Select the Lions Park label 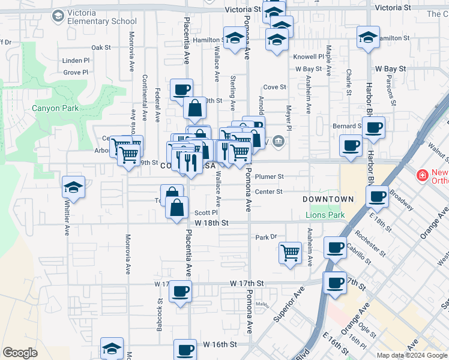click(325, 215)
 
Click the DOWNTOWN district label click(328, 199)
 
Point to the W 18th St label click(208, 223)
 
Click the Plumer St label click(269, 177)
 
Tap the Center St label click(268, 192)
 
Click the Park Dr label click(265, 237)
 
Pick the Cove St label click(274, 87)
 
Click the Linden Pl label click(76, 61)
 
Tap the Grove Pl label click(76, 73)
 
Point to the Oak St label click(101, 47)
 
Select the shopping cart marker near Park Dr click(291, 251)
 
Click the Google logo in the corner click(20, 353)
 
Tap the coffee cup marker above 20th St click(181, 90)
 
